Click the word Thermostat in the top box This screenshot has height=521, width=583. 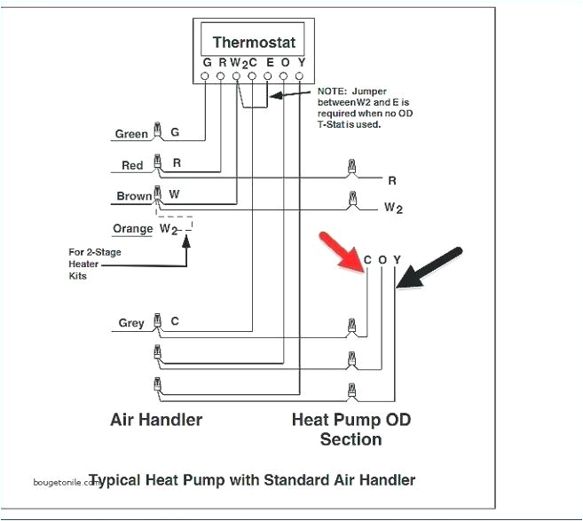coord(254,43)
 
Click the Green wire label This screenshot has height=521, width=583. coord(131,135)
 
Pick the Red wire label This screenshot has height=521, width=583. coord(132,166)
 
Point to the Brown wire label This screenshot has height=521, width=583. coord(134,197)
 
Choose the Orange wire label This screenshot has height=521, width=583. coord(133,229)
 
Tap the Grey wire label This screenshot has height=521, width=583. coord(131,324)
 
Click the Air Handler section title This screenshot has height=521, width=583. coord(156,419)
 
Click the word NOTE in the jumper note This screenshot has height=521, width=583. coord(332,91)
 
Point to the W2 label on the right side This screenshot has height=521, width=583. coord(393,209)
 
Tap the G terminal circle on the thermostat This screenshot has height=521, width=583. coord(206,77)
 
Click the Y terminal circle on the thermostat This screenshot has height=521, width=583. coord(301,77)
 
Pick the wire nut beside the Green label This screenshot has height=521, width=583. coord(157,132)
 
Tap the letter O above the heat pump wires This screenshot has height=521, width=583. coord(382,260)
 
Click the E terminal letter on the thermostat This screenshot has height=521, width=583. coord(269,63)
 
